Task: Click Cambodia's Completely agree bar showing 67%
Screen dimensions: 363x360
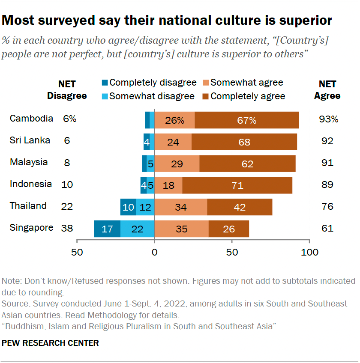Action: [x=246, y=120]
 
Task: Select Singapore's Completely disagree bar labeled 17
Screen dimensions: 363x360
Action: [x=107, y=229]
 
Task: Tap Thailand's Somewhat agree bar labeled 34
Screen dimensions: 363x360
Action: [x=181, y=207]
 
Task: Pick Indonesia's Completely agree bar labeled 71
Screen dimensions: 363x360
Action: [x=237, y=185]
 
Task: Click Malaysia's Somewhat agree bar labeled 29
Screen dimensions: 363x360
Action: [x=177, y=164]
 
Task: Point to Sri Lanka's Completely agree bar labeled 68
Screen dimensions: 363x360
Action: [x=244, y=142]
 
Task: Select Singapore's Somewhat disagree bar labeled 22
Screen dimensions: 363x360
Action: [x=137, y=229]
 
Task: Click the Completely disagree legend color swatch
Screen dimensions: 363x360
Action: [x=105, y=83]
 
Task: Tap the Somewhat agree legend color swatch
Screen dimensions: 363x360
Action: [x=206, y=83]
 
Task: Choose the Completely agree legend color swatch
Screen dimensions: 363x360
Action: [x=206, y=96]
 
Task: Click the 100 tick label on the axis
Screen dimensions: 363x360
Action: [x=309, y=252]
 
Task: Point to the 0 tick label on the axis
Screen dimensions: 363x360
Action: [x=154, y=252]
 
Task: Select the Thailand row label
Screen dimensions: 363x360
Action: [x=28, y=206]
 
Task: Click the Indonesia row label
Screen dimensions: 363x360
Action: [x=31, y=184]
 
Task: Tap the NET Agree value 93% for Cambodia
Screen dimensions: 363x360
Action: [x=328, y=119]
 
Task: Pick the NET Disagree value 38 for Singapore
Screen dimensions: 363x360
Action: [x=67, y=228]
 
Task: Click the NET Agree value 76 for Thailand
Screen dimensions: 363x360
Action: [x=327, y=206]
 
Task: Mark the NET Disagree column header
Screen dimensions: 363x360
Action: [x=67, y=90]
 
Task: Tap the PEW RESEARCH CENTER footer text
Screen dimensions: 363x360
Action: [x=50, y=343]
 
